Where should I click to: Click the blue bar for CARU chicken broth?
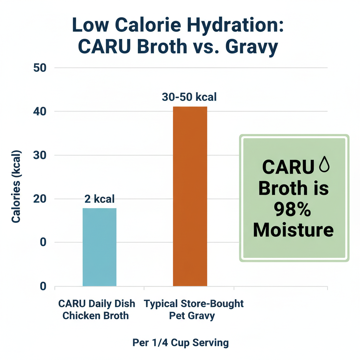tap(99, 247)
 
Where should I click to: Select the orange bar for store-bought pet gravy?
tap(190, 196)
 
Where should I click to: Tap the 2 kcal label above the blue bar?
tap(99, 199)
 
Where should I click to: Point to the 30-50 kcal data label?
tap(189, 97)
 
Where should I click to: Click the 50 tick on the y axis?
tap(40, 68)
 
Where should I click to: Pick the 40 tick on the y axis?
tap(40, 111)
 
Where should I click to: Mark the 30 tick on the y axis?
tap(40, 155)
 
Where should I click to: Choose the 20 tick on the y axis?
tap(40, 199)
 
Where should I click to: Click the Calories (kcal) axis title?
tap(16, 186)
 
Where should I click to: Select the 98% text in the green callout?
tap(293, 210)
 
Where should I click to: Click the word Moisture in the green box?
tap(293, 231)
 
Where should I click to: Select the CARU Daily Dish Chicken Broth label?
tap(96, 309)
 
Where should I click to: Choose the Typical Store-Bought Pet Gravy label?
tap(194, 309)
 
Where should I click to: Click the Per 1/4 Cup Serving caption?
tap(181, 342)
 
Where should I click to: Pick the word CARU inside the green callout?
tap(288, 167)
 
